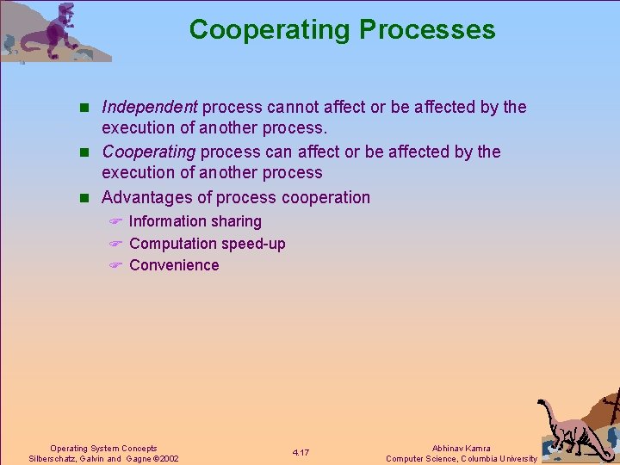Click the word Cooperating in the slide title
pyautogui.click(x=270, y=29)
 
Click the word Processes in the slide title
pyautogui.click(x=427, y=29)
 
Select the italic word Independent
pyautogui.click(x=150, y=107)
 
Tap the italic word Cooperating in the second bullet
pyautogui.click(x=150, y=152)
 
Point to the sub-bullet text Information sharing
pyautogui.click(x=195, y=221)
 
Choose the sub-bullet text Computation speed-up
pyautogui.click(x=207, y=244)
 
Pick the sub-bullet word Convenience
pyautogui.click(x=174, y=265)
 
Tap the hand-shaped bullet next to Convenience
pyautogui.click(x=116, y=266)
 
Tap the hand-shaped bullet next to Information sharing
pyautogui.click(x=116, y=222)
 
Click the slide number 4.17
pyautogui.click(x=301, y=453)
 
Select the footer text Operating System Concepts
pyautogui.click(x=103, y=448)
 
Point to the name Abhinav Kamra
pyautogui.click(x=461, y=448)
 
